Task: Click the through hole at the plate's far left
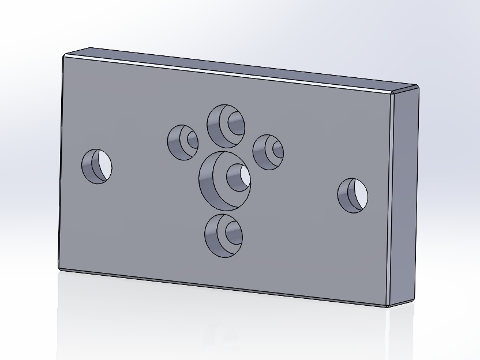tap(96, 166)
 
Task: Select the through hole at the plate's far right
tap(352, 195)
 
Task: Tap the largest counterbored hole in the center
tap(224, 180)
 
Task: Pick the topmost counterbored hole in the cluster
tap(226, 126)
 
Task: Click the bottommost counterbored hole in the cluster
tap(223, 235)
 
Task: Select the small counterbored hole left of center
tap(183, 142)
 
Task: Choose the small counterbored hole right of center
tap(268, 152)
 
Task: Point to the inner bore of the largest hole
tap(238, 177)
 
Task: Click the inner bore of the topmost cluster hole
tap(236, 123)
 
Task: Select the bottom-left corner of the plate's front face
tap(60, 268)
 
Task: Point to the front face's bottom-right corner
tap(387, 305)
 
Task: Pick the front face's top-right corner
tap(392, 93)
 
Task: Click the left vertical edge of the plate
tap(62, 162)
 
